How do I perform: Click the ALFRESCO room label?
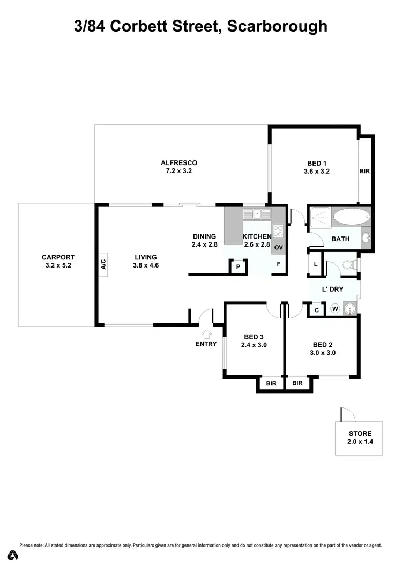pyautogui.click(x=179, y=163)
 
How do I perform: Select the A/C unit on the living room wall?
pyautogui.click(x=103, y=264)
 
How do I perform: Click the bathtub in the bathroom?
pyautogui.click(x=351, y=218)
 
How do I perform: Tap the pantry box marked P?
pyautogui.click(x=237, y=266)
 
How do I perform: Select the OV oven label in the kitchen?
pyautogui.click(x=278, y=248)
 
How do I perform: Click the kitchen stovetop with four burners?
pyautogui.click(x=278, y=231)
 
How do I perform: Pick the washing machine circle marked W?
pyautogui.click(x=336, y=309)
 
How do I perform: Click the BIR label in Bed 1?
pyautogui.click(x=364, y=172)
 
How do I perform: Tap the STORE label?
pyautogui.click(x=356, y=433)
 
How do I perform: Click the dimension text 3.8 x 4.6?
pyautogui.click(x=146, y=265)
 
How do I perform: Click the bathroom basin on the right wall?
pyautogui.click(x=366, y=238)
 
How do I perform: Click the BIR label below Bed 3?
pyautogui.click(x=271, y=383)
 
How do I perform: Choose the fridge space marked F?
pyautogui.click(x=278, y=264)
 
